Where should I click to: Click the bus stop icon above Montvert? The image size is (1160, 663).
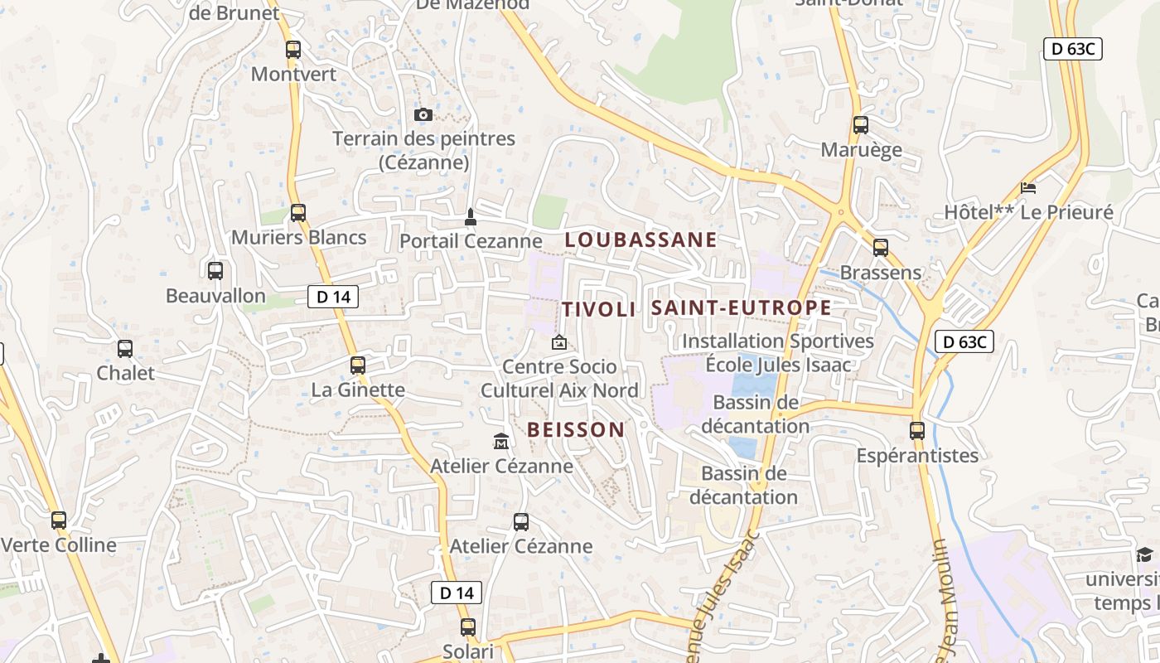[x=293, y=49]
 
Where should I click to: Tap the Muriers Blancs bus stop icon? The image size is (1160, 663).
[x=298, y=213]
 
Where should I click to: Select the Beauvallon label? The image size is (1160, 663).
[x=215, y=296]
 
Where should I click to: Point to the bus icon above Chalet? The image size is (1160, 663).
[x=125, y=349]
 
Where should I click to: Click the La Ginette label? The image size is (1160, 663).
[x=358, y=390]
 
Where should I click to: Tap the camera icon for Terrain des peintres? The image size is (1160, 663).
[x=423, y=114]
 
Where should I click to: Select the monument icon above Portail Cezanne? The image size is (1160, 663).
[x=471, y=217]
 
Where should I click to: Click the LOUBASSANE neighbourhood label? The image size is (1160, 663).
[x=640, y=240]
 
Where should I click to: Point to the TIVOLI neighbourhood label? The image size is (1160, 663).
[x=599, y=310]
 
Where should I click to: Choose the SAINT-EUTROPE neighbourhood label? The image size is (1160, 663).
[x=741, y=308]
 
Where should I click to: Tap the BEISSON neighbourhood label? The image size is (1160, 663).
[x=576, y=429]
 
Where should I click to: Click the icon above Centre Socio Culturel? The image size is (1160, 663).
[x=559, y=342]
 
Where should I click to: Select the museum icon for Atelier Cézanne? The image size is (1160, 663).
[x=501, y=442]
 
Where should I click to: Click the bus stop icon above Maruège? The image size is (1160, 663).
[x=861, y=125]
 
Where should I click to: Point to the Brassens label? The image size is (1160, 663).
[x=880, y=273]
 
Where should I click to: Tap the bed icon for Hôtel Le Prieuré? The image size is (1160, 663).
[x=1028, y=188]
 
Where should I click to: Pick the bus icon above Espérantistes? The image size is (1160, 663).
[x=917, y=431]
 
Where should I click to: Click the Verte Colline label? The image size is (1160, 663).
[x=59, y=545]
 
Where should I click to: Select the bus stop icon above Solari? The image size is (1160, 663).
[x=468, y=627]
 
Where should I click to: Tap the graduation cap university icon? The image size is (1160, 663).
[x=1144, y=555]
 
